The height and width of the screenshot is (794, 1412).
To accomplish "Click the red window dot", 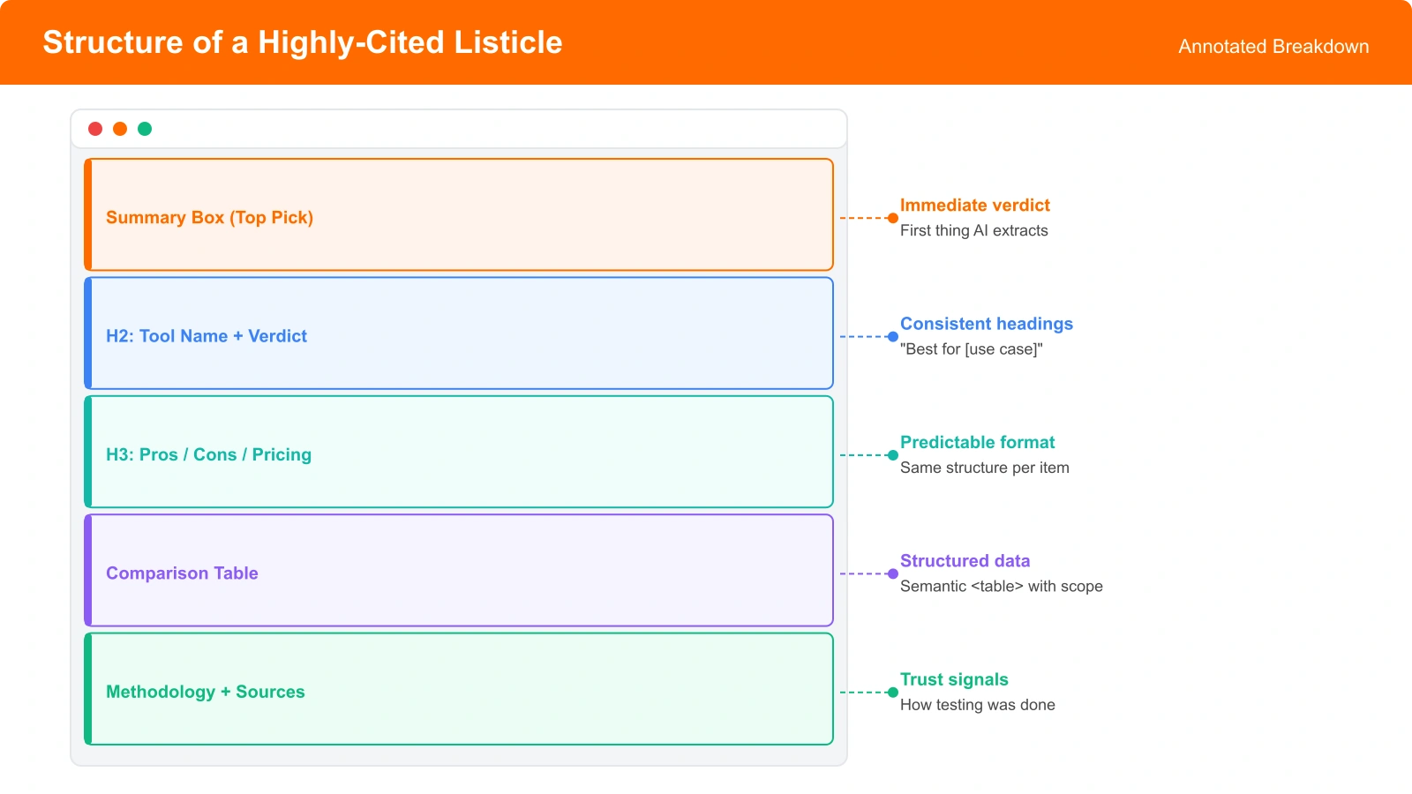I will tap(95, 129).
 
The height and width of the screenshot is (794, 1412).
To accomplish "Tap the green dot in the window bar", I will tap(145, 129).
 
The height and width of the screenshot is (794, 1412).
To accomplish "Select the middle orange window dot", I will tap(120, 129).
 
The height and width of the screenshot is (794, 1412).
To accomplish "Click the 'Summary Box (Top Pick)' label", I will tap(209, 218).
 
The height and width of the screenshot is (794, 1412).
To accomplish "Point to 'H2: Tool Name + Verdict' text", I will tap(207, 336).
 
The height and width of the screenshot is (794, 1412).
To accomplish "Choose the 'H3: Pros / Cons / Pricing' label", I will tap(208, 454).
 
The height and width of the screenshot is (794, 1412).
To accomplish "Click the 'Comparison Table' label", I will tap(182, 573).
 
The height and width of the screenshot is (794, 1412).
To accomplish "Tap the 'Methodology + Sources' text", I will tap(205, 692).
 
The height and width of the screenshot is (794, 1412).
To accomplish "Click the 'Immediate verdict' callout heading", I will tap(974, 206).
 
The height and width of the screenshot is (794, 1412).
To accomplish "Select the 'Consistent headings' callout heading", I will tap(986, 324).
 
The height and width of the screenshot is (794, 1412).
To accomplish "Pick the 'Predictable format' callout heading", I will tap(977, 442).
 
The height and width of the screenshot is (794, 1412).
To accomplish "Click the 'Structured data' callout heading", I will tap(965, 561).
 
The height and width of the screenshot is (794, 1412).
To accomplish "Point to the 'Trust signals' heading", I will tap(954, 679).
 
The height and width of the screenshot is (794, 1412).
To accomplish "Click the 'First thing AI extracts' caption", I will tap(973, 230).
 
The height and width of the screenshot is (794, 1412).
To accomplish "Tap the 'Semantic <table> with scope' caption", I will tap(1001, 586).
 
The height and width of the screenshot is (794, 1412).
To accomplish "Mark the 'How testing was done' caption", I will tap(977, 705).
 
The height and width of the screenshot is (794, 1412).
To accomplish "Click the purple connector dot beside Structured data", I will tap(892, 573).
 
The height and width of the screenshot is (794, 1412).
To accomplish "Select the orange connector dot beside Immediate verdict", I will tap(892, 218).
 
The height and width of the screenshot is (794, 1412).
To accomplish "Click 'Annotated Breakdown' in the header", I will tap(1273, 47).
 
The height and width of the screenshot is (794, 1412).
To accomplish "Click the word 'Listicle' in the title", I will tap(507, 42).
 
